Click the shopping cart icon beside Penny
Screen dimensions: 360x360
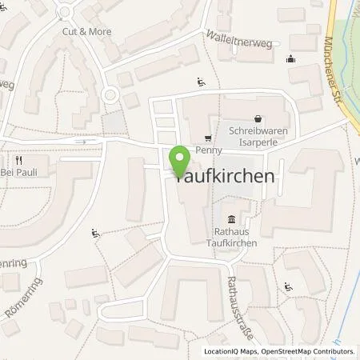tap(208, 138)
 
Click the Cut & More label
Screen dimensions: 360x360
tap(86, 31)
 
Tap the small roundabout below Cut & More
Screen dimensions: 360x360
tap(110, 95)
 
